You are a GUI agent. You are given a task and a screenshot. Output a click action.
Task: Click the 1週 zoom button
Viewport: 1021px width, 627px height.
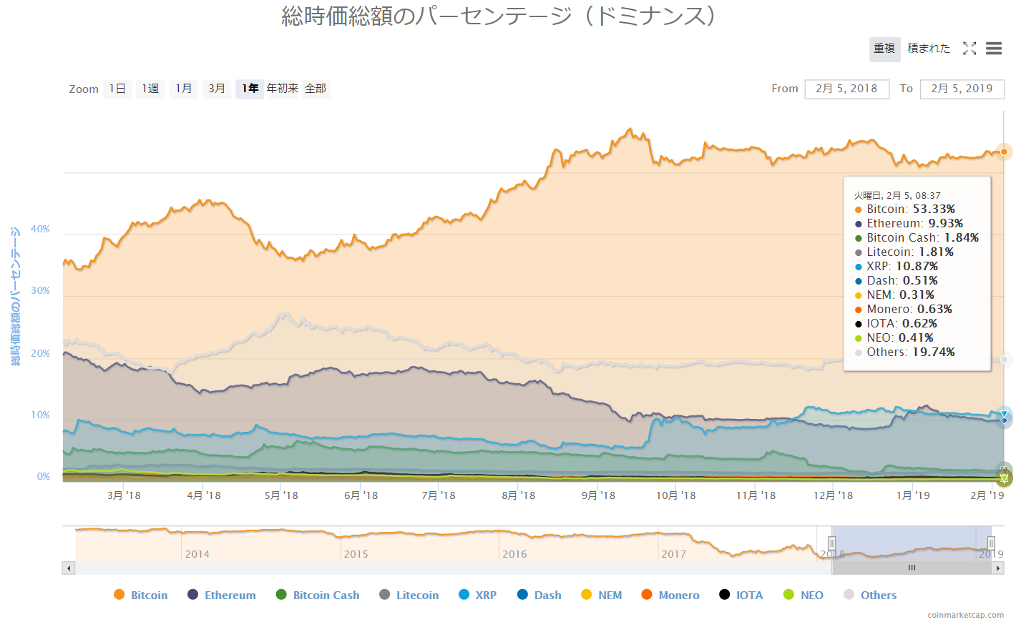[150, 89]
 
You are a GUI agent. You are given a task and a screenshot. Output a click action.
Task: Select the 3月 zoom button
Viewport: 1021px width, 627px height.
[217, 89]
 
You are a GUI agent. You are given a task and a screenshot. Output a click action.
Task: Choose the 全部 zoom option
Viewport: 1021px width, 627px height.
[316, 89]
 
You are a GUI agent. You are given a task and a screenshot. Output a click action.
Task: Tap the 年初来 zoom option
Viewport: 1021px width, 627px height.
[283, 89]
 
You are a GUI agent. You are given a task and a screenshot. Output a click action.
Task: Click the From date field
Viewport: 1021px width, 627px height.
[846, 89]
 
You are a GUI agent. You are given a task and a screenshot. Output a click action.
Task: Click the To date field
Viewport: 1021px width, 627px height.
[962, 89]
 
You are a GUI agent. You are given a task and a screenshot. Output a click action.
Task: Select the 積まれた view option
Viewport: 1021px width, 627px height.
[929, 49]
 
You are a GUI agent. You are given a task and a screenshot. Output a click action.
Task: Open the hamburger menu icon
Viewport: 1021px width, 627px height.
[993, 49]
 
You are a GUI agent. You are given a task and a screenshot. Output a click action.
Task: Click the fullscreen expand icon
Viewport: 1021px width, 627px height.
[969, 49]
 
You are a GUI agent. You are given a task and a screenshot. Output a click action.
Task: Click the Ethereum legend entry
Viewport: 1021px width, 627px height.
[230, 595]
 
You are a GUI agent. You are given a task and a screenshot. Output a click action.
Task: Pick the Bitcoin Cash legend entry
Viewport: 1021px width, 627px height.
[326, 595]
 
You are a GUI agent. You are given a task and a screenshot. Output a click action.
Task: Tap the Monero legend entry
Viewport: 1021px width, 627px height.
[678, 595]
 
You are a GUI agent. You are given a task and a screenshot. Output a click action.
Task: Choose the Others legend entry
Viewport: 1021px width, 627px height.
[878, 595]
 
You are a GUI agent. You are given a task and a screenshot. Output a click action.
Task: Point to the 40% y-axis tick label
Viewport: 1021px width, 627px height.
[40, 229]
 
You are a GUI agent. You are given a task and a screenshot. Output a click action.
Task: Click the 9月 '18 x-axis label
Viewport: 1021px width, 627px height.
[598, 495]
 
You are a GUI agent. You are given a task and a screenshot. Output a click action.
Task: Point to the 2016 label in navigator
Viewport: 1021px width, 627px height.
[514, 554]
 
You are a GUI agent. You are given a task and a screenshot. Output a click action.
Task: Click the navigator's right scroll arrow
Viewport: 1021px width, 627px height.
[997, 568]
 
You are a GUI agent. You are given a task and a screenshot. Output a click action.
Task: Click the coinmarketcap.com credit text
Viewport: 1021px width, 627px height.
[965, 615]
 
